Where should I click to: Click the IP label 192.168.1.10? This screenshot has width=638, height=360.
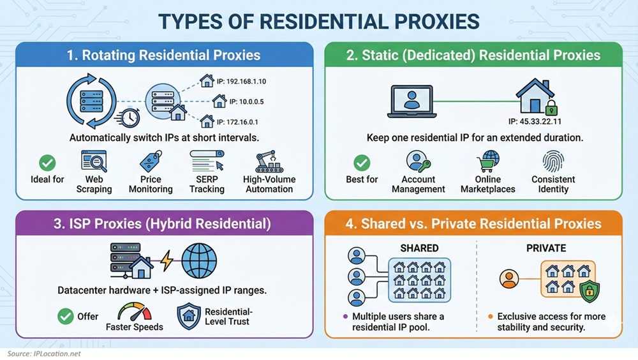[x=241, y=82]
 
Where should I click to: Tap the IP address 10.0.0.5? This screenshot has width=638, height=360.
[x=246, y=101]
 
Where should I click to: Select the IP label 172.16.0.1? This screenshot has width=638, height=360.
[x=237, y=122]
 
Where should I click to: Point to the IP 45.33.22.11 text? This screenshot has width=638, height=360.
[x=535, y=121]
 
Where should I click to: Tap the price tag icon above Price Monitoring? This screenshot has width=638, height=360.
[x=151, y=161]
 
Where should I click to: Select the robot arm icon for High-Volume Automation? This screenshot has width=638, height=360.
[x=269, y=161]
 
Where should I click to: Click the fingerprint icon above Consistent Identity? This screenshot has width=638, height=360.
[x=553, y=161]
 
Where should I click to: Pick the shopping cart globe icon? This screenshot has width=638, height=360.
[x=488, y=161]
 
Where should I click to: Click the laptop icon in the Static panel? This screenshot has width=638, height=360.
[x=412, y=101]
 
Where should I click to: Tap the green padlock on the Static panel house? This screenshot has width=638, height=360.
[x=551, y=108]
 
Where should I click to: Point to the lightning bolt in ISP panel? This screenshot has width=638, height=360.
[x=167, y=260]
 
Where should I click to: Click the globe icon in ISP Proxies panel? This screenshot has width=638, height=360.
[x=199, y=261]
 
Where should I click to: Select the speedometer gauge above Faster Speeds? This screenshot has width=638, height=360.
[x=134, y=311]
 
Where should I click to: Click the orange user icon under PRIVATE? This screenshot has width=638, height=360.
[x=509, y=279]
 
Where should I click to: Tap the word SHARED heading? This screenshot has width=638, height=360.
[x=419, y=248]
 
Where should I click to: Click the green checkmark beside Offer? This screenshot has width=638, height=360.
[x=66, y=316]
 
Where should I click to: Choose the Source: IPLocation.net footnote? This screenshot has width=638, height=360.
[x=44, y=354]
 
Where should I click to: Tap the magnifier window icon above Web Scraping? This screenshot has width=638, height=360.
[x=94, y=161]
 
